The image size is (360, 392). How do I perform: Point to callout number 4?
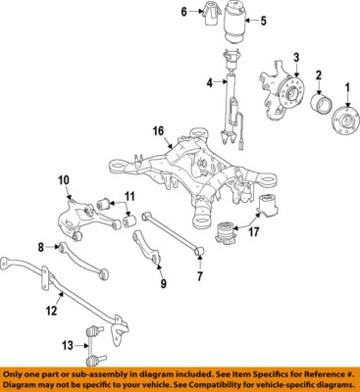click(209, 84)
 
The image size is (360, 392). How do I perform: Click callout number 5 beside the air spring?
click(260, 21)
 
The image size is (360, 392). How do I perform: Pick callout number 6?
click(182, 12)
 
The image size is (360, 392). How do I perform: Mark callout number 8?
click(41, 247)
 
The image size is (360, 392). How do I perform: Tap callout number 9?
click(163, 284)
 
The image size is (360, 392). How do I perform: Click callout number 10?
click(63, 179)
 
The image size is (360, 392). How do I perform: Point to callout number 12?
click(51, 311)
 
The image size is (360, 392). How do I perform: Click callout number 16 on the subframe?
click(157, 130)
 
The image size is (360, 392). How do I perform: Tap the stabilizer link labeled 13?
click(97, 343)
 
